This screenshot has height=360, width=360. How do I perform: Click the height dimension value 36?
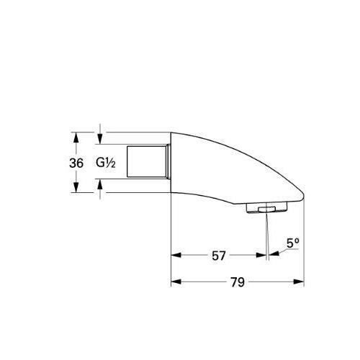tap(76, 163)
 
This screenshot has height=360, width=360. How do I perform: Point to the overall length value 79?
tap(237, 283)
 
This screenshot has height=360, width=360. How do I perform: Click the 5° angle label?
tap(292, 242)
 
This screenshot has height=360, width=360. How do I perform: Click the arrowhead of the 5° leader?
tap(272, 254)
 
